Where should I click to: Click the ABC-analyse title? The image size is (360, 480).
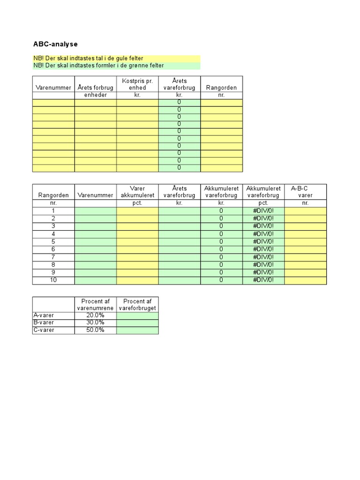55,44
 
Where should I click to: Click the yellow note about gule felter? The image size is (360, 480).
88,58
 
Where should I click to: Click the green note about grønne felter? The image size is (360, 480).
98,66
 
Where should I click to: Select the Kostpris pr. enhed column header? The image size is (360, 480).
137,84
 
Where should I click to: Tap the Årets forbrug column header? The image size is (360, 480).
95,88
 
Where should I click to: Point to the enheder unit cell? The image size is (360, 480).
95,95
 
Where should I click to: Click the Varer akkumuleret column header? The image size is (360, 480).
137,192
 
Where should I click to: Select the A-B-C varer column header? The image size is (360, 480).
305,192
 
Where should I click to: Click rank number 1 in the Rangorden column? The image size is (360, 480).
53,211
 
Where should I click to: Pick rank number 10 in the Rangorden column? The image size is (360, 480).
53,280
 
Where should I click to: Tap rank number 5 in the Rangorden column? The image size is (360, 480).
53,241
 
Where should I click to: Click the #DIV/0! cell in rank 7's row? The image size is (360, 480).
263,257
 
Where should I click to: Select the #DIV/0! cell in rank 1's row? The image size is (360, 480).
263,211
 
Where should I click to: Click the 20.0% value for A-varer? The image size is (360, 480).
95,315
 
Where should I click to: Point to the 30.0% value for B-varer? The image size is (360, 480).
95,322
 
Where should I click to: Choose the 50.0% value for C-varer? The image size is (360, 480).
95,330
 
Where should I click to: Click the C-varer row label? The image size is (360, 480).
44,330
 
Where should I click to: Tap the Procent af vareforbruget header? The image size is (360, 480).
137,304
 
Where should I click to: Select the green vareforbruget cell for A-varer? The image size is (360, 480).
137,315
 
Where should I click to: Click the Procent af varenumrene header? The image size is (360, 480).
95,304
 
